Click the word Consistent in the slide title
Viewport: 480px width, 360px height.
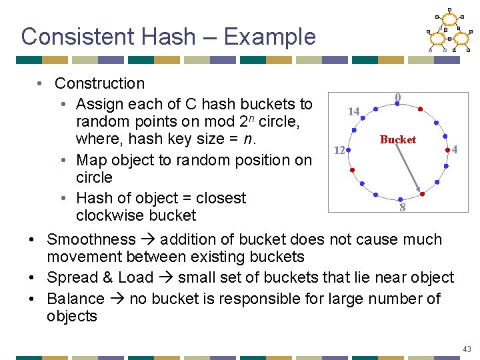(71, 36)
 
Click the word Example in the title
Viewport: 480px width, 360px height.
(269, 36)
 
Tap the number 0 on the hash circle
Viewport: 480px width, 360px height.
(397, 97)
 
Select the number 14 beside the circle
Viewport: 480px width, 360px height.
(353, 111)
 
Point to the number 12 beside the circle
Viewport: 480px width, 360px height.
(339, 151)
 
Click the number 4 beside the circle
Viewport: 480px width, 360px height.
(454, 149)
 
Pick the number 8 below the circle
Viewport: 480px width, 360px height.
(402, 208)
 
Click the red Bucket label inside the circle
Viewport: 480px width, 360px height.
(397, 139)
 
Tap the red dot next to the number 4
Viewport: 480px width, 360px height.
(447, 151)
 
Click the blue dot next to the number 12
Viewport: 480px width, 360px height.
(348, 150)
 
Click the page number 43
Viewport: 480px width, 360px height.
(466, 349)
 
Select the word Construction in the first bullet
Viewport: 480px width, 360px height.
(99, 83)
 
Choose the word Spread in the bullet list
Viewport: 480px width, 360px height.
(71, 277)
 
